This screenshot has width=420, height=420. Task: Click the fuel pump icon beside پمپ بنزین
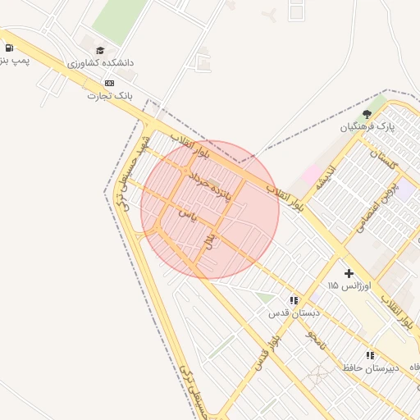tap(8, 48)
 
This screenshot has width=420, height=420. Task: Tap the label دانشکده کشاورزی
tap(101, 63)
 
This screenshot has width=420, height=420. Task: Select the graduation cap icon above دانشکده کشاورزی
tap(100, 49)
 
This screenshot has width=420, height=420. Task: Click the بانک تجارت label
tap(109, 96)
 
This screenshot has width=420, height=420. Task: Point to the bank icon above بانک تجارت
tap(110, 83)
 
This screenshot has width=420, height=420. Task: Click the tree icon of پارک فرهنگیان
tap(367, 114)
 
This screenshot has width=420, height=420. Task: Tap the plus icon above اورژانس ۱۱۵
tap(349, 272)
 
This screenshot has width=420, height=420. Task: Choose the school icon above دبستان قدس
tap(294, 300)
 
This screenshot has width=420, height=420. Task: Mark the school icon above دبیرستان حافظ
tap(370, 355)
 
